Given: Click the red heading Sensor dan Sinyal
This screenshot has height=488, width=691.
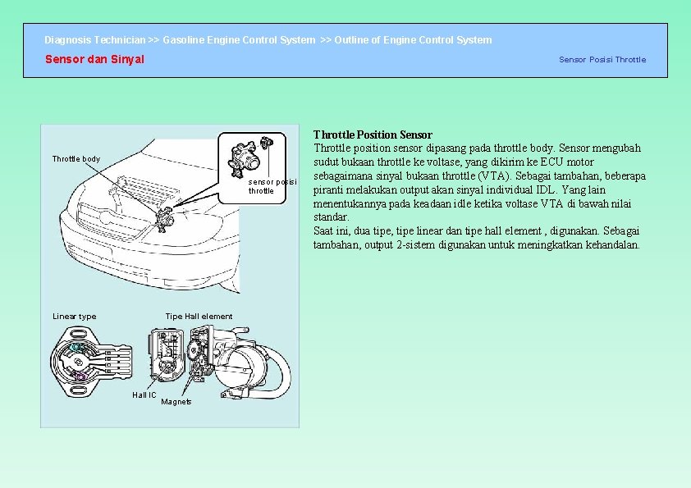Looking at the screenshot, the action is [x=94, y=59].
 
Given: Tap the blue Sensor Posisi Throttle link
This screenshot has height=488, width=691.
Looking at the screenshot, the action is [x=602, y=59].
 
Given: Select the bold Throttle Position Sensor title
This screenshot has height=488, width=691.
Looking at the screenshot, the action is [x=373, y=135].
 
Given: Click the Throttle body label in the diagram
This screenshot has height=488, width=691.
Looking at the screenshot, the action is [x=76, y=159].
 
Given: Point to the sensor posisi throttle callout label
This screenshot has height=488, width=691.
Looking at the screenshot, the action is [x=272, y=186].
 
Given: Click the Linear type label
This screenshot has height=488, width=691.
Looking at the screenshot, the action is [x=75, y=317].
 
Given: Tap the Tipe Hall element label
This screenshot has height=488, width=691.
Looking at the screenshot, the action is [x=199, y=317].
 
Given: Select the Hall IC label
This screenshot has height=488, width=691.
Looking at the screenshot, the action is [x=144, y=395].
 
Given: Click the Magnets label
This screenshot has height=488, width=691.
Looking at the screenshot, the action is [x=176, y=402].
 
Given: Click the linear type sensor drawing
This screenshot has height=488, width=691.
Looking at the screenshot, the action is [x=91, y=362].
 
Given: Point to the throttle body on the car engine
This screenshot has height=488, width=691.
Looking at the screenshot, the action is [x=165, y=219].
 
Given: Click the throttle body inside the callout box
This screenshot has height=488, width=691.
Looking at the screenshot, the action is [x=244, y=159].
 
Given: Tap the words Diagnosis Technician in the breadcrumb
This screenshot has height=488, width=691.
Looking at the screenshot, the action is [x=94, y=40].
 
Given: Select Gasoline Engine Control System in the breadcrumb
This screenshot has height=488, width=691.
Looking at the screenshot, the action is [x=239, y=40].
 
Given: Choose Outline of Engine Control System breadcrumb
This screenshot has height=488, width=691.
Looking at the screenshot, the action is [x=413, y=40].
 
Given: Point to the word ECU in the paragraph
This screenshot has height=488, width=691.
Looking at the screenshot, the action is [x=551, y=162].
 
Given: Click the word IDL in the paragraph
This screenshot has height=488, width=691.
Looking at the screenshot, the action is [x=547, y=190].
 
